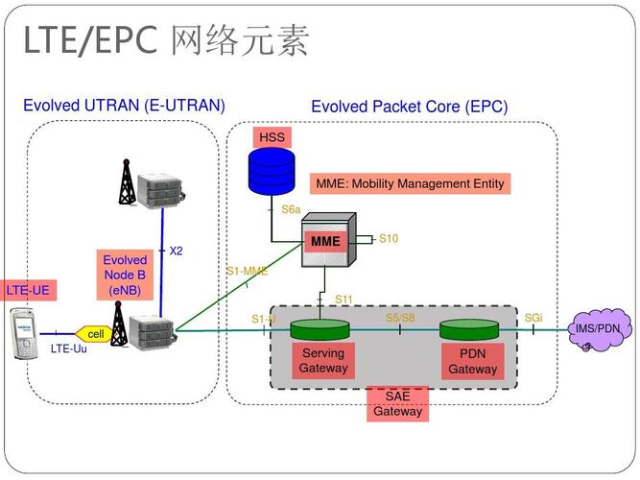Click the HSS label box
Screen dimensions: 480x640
point(273,137)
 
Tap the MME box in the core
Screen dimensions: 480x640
point(325,241)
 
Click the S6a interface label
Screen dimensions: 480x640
point(291,208)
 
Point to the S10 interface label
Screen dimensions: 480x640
point(388,239)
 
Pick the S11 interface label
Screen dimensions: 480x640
point(344,300)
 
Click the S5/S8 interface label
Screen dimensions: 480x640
point(400,318)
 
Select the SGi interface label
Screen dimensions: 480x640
point(533,318)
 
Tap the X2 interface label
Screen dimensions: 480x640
point(176,252)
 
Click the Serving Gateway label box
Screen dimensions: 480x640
point(322,360)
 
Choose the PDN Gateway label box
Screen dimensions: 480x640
point(472,361)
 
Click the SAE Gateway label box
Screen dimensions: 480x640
point(397,404)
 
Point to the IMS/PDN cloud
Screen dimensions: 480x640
point(599,329)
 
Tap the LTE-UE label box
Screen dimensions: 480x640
point(27,290)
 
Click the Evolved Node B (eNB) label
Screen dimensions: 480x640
point(125,275)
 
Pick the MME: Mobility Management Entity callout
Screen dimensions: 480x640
point(410,183)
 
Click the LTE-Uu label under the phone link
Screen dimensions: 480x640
point(68,349)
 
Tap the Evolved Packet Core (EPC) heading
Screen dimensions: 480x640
point(409,107)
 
